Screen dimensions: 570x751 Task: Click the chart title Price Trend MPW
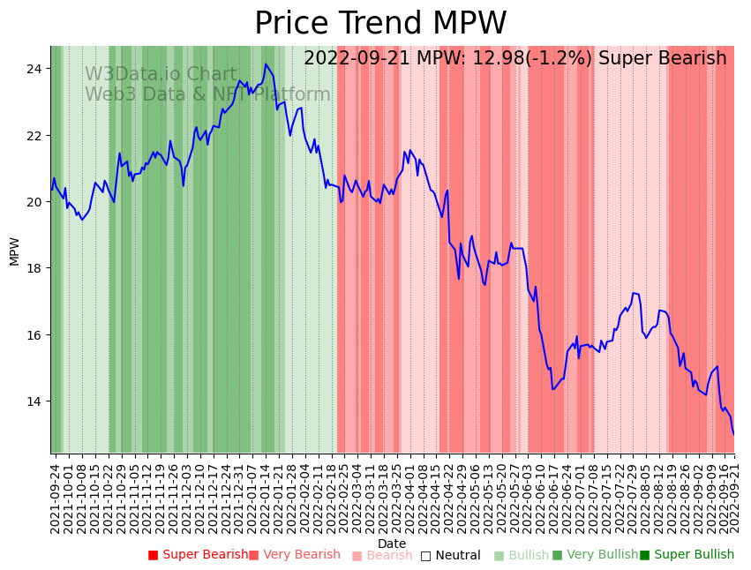pyautogui.click(x=380, y=23)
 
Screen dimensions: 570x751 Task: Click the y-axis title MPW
pyautogui.click(x=14, y=250)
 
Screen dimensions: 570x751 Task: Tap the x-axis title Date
pyautogui.click(x=392, y=544)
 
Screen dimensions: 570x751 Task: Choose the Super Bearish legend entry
pyautogui.click(x=199, y=555)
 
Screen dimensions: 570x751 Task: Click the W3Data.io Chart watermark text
pyautogui.click(x=161, y=75)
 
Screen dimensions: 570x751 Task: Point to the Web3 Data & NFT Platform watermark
pyautogui.click(x=207, y=94)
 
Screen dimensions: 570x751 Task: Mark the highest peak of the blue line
pyautogui.click(x=266, y=64)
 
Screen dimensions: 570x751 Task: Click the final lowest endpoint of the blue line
pyautogui.click(x=733, y=434)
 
